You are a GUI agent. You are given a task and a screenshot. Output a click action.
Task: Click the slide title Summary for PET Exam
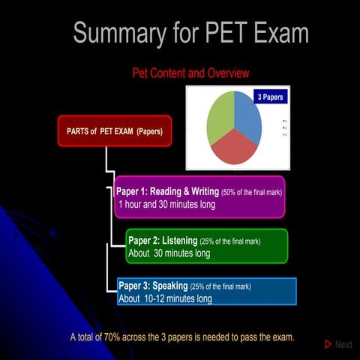(x=191, y=34)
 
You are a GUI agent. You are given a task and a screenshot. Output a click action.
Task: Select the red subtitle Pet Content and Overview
(x=190, y=73)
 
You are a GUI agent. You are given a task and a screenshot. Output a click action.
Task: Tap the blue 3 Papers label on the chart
(x=269, y=97)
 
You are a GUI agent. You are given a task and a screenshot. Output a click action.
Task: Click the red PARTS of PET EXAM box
(x=115, y=130)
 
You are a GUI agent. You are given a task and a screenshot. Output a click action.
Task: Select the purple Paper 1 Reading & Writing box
(x=199, y=197)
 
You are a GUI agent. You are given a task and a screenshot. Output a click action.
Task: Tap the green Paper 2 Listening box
(x=206, y=247)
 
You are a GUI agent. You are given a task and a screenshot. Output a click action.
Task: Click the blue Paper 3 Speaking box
(x=206, y=292)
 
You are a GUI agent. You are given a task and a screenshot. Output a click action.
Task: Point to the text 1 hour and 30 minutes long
(x=166, y=204)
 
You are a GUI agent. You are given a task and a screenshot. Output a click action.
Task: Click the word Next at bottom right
(x=343, y=344)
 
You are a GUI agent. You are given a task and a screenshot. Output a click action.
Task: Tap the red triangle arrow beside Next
(x=328, y=344)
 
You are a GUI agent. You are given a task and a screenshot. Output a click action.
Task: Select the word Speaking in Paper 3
(x=170, y=286)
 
